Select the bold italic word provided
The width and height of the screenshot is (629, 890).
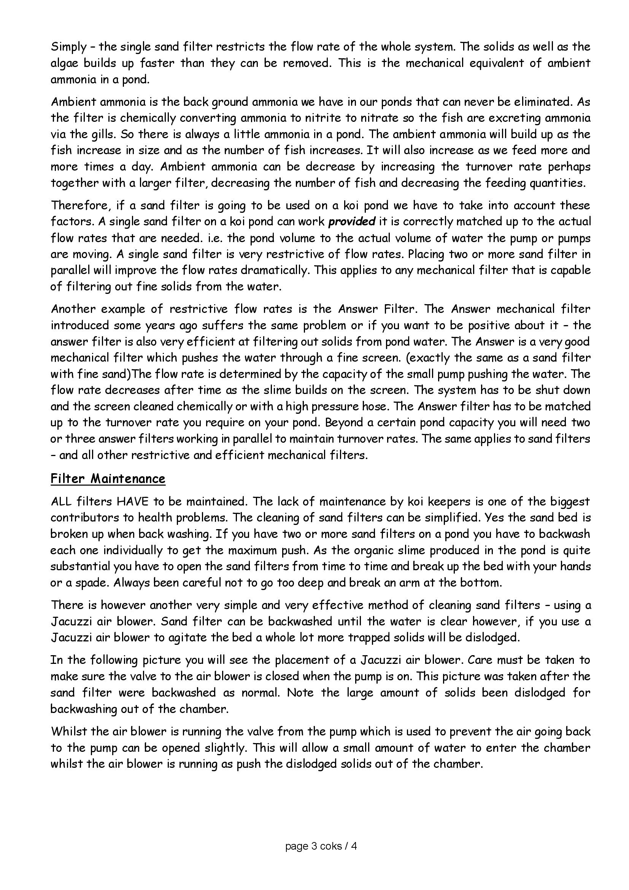[x=352, y=221]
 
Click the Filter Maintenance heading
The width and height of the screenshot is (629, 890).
[x=108, y=478]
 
